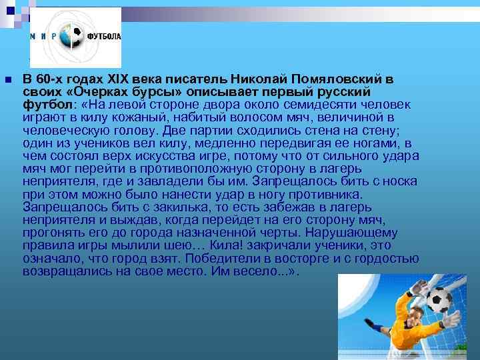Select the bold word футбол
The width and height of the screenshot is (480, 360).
pos(46,105)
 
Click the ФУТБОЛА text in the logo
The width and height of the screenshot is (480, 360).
pos(103,37)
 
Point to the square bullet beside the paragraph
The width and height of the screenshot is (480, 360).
pos(7,80)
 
